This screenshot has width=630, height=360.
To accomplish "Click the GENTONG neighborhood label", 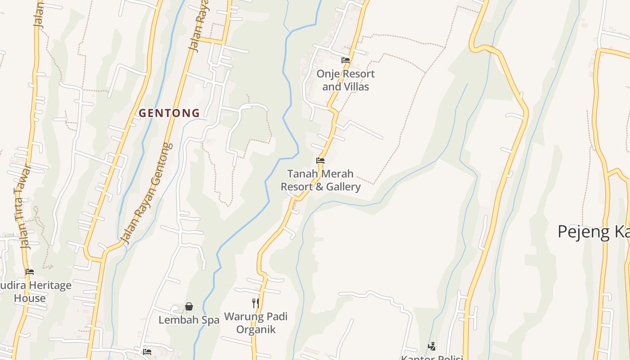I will pos(169,113).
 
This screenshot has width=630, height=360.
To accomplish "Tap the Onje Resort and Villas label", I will pos(345,80).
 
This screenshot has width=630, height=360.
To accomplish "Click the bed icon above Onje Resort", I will pos(346,60).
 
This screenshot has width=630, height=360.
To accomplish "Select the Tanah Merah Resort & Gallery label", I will pos(320,180).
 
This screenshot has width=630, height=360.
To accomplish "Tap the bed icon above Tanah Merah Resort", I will pos(320,160).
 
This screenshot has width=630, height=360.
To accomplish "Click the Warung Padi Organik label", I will pos(256,323).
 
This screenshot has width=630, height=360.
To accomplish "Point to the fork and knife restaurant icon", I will pos(256,303).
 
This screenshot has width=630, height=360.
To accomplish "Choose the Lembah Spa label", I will pos(189,320).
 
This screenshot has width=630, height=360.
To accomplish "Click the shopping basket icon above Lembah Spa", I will pos(189,306).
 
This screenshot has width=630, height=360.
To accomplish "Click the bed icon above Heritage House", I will pos(30,271).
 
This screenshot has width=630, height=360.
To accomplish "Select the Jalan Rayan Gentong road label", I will pos(148,193).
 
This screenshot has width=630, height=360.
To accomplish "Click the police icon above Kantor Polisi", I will pos(432,346).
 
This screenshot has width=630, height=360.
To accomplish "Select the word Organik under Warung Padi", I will pos(256,329).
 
